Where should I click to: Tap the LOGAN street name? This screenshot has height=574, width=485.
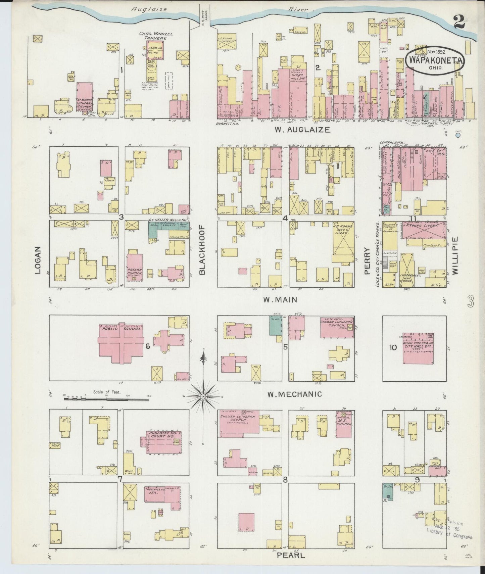pyautogui.click(x=38, y=260)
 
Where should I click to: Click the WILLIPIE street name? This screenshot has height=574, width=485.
pyautogui.click(x=455, y=255)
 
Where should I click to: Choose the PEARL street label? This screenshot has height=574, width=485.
pyautogui.click(x=291, y=555)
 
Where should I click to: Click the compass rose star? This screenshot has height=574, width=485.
pyautogui.click(x=203, y=396)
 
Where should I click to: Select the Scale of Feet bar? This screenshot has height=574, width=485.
pyautogui.click(x=106, y=399)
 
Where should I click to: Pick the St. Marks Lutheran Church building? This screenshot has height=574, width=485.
pyautogui.click(x=85, y=98)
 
